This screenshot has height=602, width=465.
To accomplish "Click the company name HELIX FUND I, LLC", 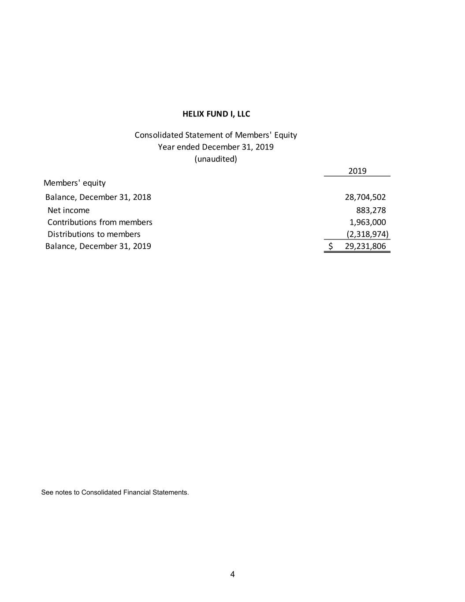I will (x=216, y=114).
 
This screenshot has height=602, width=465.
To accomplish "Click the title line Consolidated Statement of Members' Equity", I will (x=216, y=135).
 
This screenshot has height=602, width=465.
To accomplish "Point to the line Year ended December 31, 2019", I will (x=216, y=147).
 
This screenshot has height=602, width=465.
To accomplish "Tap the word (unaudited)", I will (x=216, y=159).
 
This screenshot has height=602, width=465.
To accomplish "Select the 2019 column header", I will (x=357, y=171).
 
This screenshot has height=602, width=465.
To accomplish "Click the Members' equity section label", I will (x=74, y=183).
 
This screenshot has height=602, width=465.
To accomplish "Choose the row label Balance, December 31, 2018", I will (x=98, y=197).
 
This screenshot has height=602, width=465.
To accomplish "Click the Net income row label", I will (x=68, y=210).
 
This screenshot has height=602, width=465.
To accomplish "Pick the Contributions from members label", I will (x=100, y=222).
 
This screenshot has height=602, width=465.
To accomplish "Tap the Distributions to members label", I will (x=94, y=234).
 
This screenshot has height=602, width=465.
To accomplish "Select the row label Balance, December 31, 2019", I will (x=98, y=246).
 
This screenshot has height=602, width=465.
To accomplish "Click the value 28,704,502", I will (x=365, y=197).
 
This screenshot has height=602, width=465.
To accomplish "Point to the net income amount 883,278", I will (x=371, y=210).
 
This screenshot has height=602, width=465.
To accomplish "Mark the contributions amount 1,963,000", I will (x=368, y=222).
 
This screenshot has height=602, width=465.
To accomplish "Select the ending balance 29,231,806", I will (x=365, y=246).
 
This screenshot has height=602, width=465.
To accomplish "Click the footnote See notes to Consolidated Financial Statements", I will (x=115, y=492).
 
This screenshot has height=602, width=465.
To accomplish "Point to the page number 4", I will (x=232, y=574).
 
